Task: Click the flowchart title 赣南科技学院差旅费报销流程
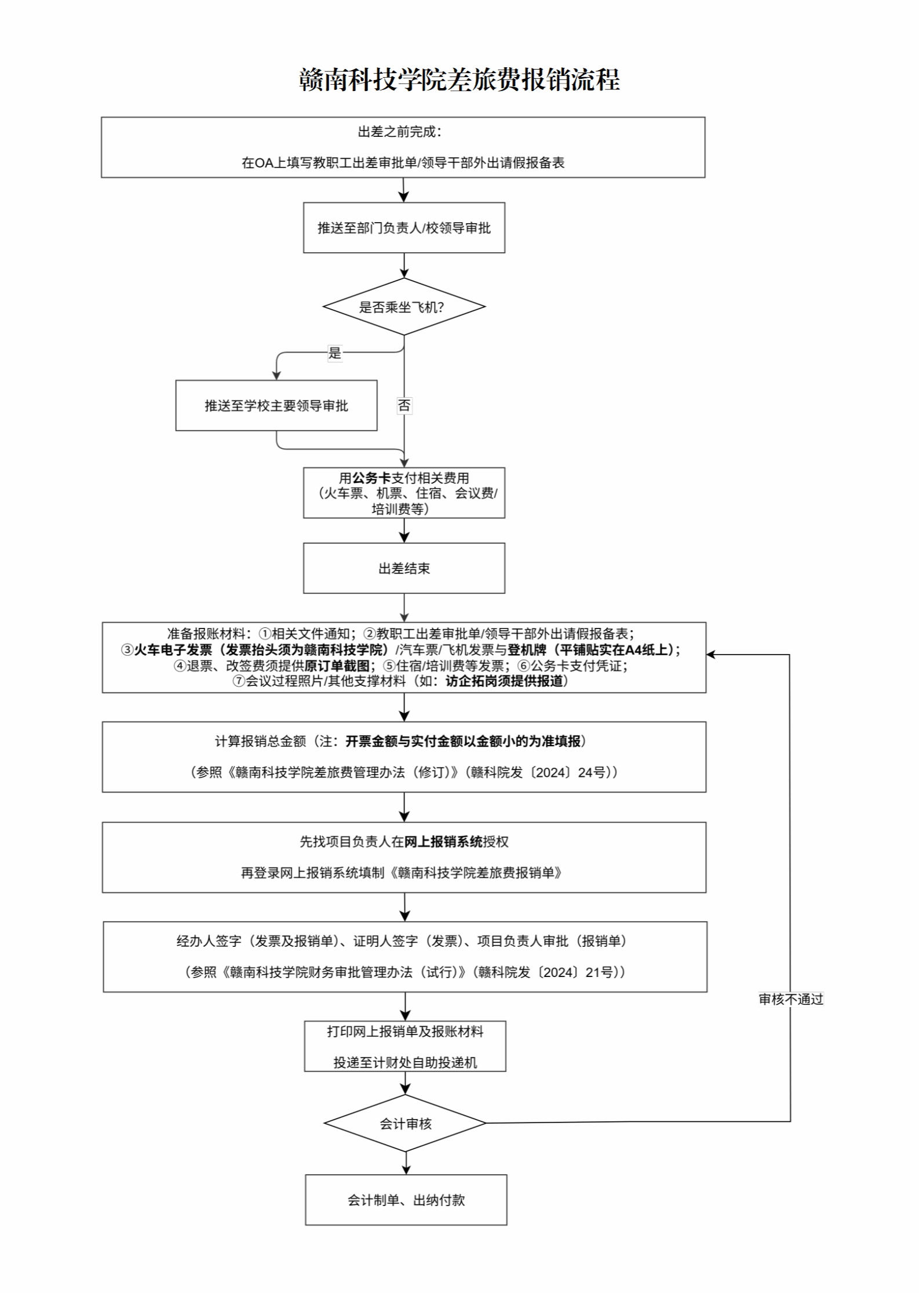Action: (x=459, y=79)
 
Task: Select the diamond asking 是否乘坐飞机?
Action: (x=404, y=307)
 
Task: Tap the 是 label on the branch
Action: (x=335, y=353)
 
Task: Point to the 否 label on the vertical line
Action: (x=404, y=405)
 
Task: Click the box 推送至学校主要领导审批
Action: (x=276, y=406)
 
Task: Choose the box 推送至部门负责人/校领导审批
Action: (x=404, y=228)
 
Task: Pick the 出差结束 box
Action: (x=404, y=568)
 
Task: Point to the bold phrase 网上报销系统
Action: (x=443, y=842)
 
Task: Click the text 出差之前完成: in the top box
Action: (x=400, y=132)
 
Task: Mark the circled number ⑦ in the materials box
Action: (x=239, y=681)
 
